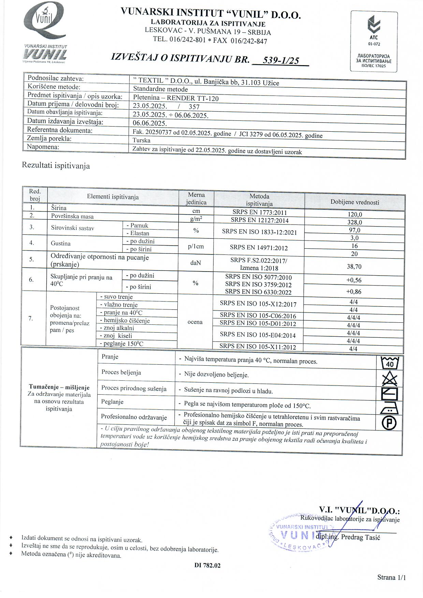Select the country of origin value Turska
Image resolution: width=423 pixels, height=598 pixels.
(x=142, y=140)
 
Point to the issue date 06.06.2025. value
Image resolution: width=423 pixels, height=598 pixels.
(x=150, y=123)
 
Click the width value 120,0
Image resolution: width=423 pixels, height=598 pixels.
(x=354, y=214)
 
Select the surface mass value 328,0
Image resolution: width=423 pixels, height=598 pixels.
(x=354, y=222)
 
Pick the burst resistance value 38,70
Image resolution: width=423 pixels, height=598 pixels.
(x=354, y=266)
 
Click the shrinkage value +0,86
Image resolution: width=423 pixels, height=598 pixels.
(x=354, y=292)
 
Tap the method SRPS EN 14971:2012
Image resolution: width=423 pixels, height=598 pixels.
(x=259, y=248)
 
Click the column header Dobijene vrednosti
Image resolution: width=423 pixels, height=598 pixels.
(x=355, y=202)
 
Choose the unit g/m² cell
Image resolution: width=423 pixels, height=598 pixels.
(x=196, y=219)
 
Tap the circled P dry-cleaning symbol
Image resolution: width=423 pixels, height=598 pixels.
(x=389, y=423)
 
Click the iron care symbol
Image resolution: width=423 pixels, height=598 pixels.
(x=389, y=408)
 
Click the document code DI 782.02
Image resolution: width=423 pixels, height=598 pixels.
(x=207, y=565)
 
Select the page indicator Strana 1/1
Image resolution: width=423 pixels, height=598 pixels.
(x=392, y=577)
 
